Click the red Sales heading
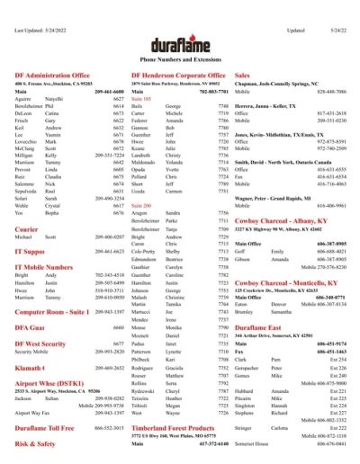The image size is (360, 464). [241, 76]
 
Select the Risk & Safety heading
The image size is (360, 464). [35, 443]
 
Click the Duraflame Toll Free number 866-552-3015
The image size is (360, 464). [108, 430]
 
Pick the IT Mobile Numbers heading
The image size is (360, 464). [44, 267]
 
